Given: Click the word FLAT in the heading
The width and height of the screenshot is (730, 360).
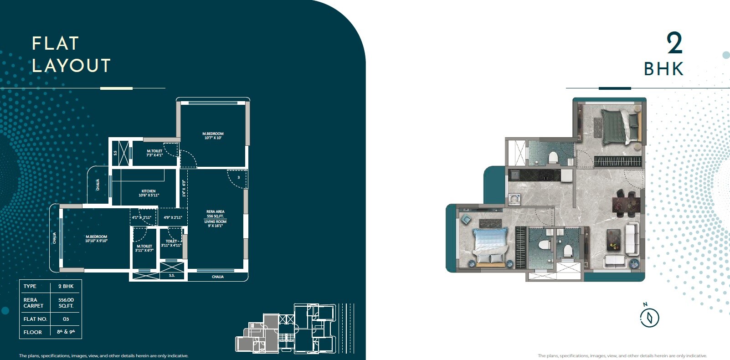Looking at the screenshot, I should [56, 44].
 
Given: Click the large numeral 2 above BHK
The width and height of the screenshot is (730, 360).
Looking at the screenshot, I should [674, 43].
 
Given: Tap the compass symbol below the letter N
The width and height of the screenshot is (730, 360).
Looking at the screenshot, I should [649, 318].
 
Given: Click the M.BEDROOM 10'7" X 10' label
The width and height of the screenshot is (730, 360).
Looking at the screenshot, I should [213, 136].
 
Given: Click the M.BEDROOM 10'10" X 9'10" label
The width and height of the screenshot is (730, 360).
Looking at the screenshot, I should [96, 239].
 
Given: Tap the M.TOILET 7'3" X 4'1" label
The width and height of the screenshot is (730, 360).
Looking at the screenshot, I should [154, 153].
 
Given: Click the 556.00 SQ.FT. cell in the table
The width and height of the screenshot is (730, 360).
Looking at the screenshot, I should [66, 303].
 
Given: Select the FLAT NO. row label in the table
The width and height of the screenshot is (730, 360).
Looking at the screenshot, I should [35, 319].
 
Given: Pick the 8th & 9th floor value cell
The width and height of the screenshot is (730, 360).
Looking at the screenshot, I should [66, 332].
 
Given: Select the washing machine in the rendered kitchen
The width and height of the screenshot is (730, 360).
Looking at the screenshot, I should [514, 199].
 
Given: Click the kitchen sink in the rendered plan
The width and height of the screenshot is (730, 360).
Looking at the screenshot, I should [515, 175].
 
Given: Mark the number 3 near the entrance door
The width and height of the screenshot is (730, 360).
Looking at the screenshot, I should [238, 178].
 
